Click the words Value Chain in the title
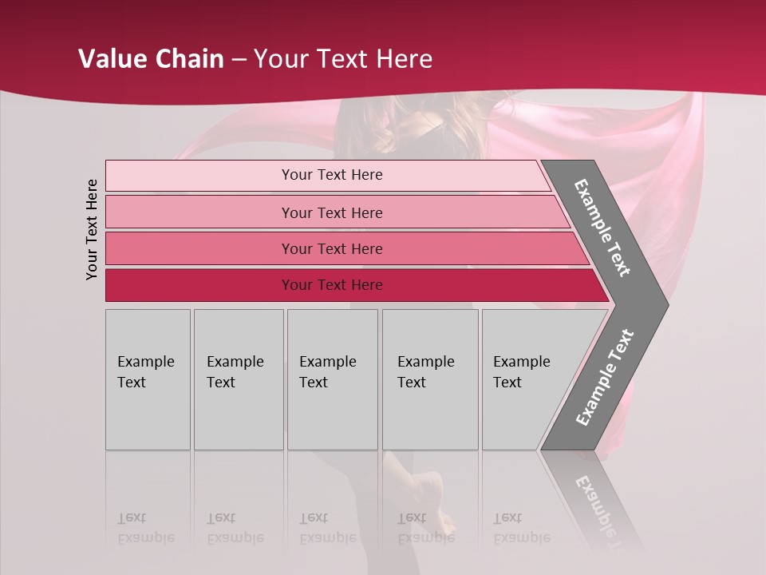click(x=151, y=59)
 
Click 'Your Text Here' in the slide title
click(x=343, y=59)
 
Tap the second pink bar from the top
click(x=331, y=212)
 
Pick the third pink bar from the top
click(x=331, y=248)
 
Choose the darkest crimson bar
click(x=331, y=285)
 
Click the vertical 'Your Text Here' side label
click(x=92, y=229)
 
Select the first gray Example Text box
click(x=148, y=379)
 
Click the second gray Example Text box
click(x=239, y=379)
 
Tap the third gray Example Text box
click(x=332, y=379)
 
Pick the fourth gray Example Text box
click(x=430, y=379)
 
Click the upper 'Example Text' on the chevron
click(x=602, y=228)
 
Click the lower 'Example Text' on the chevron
click(x=605, y=378)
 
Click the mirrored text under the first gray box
click(x=146, y=528)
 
